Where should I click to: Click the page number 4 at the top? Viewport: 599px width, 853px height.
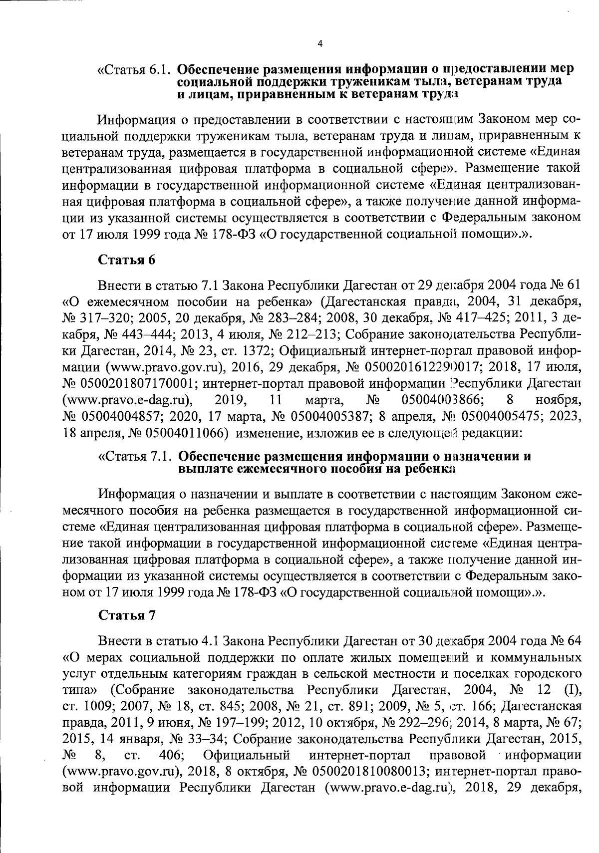[319, 44]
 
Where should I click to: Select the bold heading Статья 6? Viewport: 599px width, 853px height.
[127, 260]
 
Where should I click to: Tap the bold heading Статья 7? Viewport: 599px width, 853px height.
[127, 615]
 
